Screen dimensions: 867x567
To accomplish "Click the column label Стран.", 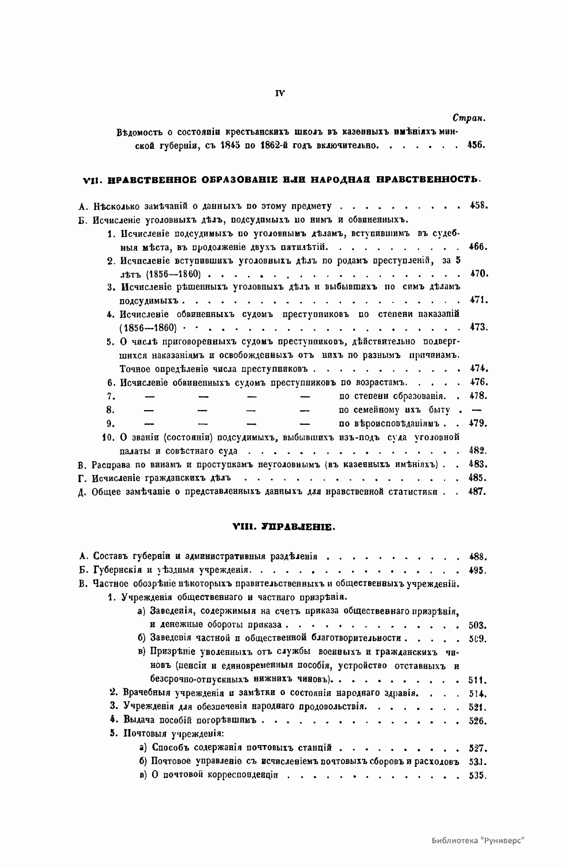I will [x=470, y=118].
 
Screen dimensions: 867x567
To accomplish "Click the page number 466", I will [x=478, y=246].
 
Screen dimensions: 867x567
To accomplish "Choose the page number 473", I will [x=478, y=327].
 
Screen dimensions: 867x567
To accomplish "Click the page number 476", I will [x=478, y=382].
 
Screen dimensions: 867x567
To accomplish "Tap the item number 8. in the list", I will [x=111, y=410].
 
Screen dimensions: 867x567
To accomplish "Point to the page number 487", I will [x=477, y=491].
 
